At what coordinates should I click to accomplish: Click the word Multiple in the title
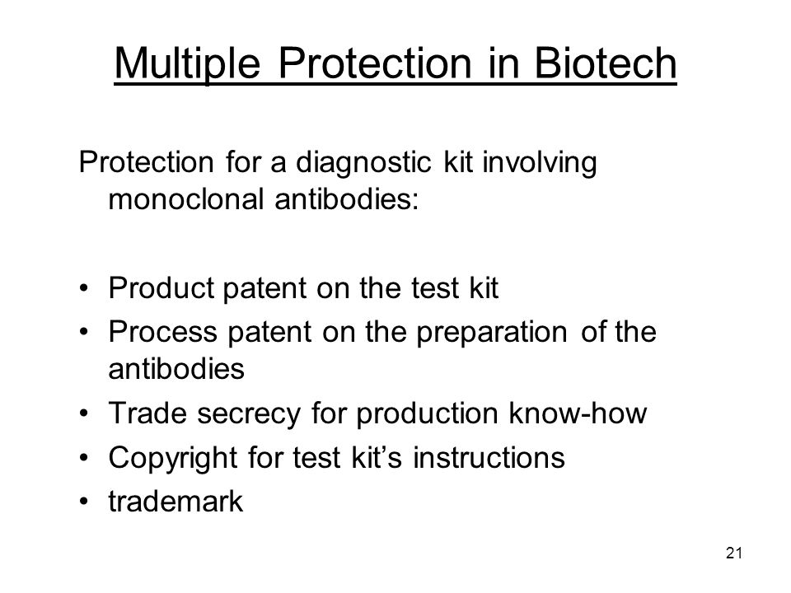coord(187,64)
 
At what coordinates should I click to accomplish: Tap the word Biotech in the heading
coord(605,63)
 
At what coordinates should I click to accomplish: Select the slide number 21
coord(734,553)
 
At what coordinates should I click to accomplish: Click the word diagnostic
coord(363,163)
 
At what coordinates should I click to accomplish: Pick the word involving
coord(539,163)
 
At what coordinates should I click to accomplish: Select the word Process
coord(163,332)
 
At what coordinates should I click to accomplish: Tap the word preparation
coord(492,334)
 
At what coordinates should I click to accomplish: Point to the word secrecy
coord(248,415)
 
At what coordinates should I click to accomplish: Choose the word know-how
coord(578,413)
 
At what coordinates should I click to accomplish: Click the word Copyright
coord(172,459)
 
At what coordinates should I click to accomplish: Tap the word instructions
coord(489,457)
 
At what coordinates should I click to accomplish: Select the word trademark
coord(176,502)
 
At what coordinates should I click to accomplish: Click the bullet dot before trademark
coord(84,502)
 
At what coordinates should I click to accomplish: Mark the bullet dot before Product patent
coord(84,288)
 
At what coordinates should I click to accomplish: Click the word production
coord(428,415)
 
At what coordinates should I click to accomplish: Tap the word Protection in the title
coord(375,63)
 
